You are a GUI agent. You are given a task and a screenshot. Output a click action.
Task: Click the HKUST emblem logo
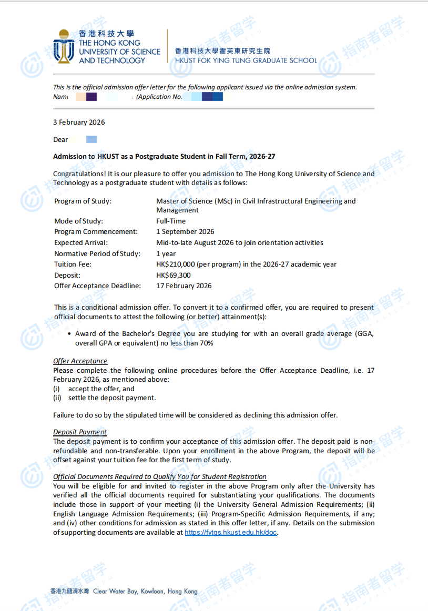click(64, 46)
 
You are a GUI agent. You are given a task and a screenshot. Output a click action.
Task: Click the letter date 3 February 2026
click(79, 122)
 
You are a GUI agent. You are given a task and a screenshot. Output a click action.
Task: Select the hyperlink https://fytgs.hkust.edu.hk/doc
click(230, 532)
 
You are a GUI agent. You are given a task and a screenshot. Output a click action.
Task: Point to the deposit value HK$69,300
click(174, 275)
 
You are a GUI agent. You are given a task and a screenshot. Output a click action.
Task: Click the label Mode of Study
click(78, 221)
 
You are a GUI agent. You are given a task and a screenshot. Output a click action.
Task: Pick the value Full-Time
click(171, 221)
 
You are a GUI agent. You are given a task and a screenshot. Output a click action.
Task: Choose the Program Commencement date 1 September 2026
click(185, 231)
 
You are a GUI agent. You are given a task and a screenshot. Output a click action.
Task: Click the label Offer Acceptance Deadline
click(97, 286)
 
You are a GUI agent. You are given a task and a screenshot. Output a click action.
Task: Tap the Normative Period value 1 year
click(166, 253)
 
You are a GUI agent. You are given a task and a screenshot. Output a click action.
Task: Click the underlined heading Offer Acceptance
click(80, 361)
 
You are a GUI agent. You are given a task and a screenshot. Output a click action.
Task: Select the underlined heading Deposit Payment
click(80, 432)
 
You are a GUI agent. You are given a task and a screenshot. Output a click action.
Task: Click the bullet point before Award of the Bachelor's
click(70, 334)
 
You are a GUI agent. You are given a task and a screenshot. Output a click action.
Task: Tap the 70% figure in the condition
click(206, 343)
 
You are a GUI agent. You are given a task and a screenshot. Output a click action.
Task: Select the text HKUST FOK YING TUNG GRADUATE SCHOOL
click(246, 60)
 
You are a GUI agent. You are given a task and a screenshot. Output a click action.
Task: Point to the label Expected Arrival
click(80, 242)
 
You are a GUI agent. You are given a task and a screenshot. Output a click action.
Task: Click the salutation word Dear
click(60, 139)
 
